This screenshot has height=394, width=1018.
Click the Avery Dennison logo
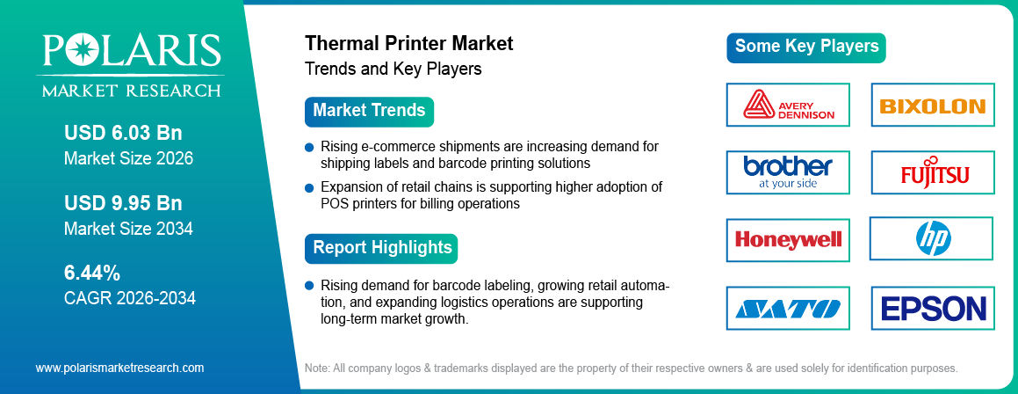pyautogui.click(x=788, y=105)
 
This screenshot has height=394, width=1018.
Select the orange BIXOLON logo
pyautogui.click(x=932, y=106)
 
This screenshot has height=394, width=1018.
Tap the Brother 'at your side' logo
pyautogui.click(x=788, y=171)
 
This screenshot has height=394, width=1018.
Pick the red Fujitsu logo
pyautogui.click(x=934, y=172)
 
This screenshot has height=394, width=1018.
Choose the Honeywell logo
pyautogui.click(x=788, y=239)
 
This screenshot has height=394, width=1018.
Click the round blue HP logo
pyautogui.click(x=933, y=238)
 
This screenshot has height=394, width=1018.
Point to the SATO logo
pyautogui.click(x=788, y=308)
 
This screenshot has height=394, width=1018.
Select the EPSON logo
pyautogui.click(x=933, y=308)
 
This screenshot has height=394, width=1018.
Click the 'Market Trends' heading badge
pyautogui.click(x=369, y=112)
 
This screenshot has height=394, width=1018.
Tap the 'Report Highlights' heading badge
pyautogui.click(x=381, y=248)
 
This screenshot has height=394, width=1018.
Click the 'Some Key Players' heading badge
pyautogui.click(x=805, y=47)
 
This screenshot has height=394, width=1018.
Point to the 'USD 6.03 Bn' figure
pyautogui.click(x=123, y=133)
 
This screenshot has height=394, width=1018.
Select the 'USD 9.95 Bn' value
pyautogui.click(x=123, y=203)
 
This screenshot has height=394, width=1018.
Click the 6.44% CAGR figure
pyautogui.click(x=92, y=273)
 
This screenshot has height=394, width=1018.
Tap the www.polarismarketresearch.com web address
pyautogui.click(x=119, y=368)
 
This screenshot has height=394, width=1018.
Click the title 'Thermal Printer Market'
pyautogui.click(x=408, y=43)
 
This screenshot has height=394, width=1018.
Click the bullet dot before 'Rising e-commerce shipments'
pyautogui.click(x=309, y=147)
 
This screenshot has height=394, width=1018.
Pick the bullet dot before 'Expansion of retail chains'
pyautogui.click(x=309, y=187)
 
